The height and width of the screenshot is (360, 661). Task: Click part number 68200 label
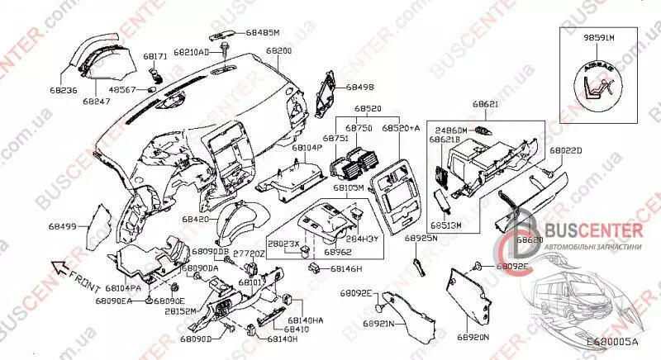[x=278, y=51]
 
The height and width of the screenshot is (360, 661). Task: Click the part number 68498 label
[x=360, y=86]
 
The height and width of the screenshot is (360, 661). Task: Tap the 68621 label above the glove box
[x=486, y=106]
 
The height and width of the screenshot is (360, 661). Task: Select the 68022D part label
[x=567, y=151]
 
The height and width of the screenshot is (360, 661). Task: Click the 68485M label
[x=263, y=32]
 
